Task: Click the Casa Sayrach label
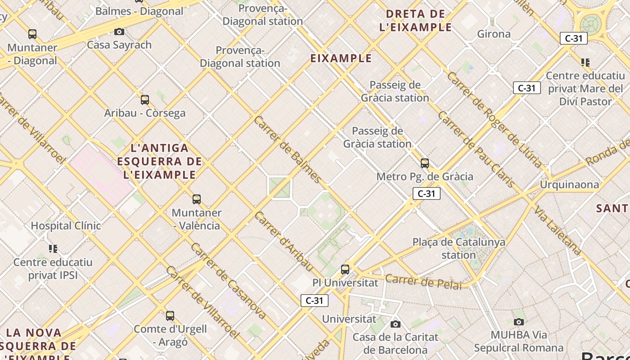coord(119,45)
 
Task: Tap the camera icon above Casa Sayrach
coord(119,31)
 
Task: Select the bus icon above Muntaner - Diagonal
coord(32,34)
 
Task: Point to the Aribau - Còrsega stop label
coord(145,113)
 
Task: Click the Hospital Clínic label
coord(66,225)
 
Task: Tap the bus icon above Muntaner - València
coord(197,199)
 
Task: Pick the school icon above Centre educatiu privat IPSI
coord(53,248)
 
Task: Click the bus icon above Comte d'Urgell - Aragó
coord(170,316)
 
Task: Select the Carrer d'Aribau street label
coord(283,241)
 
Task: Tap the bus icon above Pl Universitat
coord(345,270)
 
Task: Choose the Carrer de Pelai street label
coord(423,282)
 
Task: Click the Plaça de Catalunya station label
coord(459,248)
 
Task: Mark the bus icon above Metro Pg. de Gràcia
coord(425,163)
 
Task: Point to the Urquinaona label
coord(569,184)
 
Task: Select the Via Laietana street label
coord(558,230)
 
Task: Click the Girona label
coord(494,34)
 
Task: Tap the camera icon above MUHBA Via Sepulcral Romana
coord(519,322)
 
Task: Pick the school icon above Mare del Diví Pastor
coord(585,62)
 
